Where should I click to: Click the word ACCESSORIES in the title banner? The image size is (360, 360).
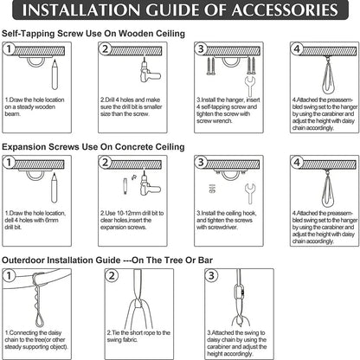click(285, 10)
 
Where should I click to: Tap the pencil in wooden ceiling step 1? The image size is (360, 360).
click(55, 74)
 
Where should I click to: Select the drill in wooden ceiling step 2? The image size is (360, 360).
click(149, 72)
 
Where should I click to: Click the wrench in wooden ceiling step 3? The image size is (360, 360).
click(250, 86)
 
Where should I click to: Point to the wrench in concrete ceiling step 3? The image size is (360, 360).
click(250, 193)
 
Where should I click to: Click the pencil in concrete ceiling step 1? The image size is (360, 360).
click(55, 188)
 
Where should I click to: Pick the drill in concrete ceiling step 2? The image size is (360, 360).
click(149, 184)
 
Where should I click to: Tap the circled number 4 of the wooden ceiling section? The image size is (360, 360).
click(297, 48)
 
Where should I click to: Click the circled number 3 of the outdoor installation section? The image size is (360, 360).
click(211, 275)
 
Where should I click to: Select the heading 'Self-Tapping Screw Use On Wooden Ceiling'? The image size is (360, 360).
click(93, 34)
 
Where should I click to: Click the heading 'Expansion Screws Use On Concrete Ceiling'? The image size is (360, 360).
click(93, 147)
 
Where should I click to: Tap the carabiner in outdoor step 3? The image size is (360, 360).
click(239, 294)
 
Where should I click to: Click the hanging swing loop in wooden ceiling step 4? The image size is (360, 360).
click(329, 77)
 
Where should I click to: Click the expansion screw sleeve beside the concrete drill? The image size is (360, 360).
click(125, 186)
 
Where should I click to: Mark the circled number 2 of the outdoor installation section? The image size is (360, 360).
click(112, 276)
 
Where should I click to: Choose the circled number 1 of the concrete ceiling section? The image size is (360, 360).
click(9, 162)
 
